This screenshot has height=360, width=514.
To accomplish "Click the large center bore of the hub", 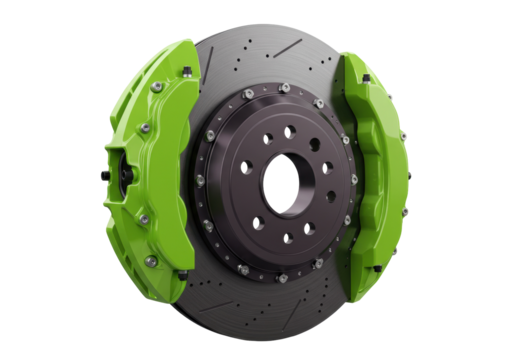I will coord(284,182).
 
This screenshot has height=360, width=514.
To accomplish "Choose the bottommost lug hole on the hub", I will coord(288,239).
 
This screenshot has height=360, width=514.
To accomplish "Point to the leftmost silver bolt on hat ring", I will coord(200,180).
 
